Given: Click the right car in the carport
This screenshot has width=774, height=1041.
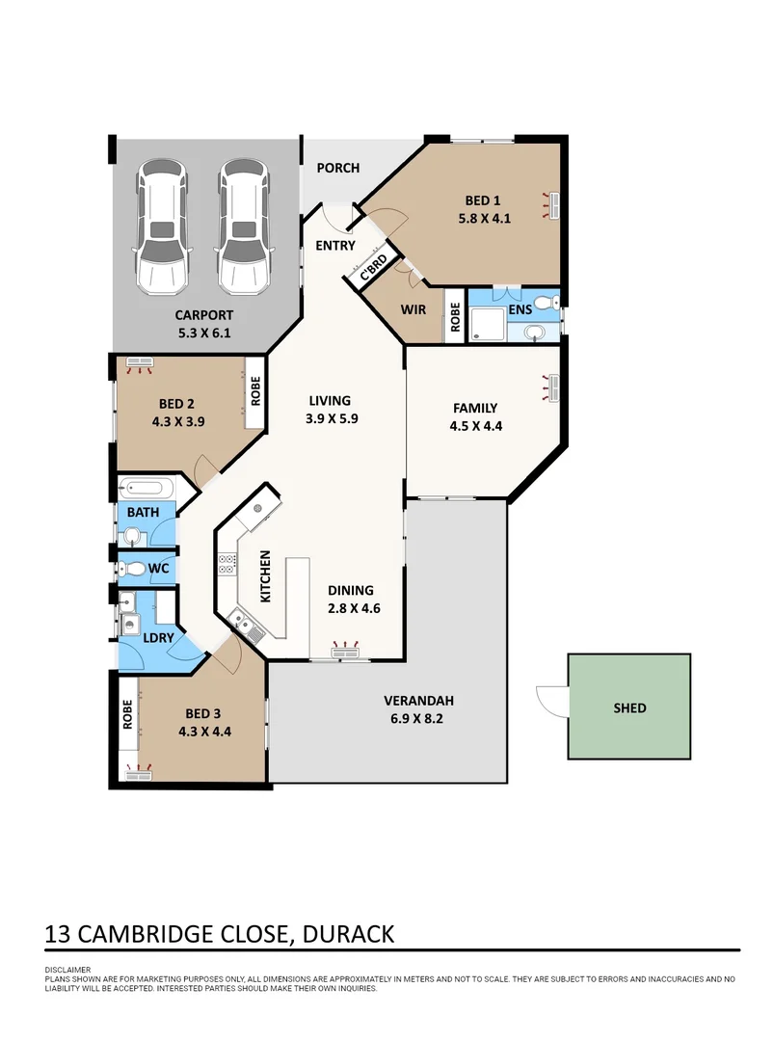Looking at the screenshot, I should click(241, 227).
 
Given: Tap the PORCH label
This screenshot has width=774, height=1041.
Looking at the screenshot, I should click(338, 168).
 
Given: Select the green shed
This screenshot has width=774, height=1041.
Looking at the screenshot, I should click(629, 707).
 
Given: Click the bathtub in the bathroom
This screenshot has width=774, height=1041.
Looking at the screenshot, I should click(145, 487).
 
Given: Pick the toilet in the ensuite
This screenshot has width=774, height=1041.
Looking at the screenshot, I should click(546, 303).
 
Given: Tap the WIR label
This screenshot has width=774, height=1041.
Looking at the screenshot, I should click(414, 310).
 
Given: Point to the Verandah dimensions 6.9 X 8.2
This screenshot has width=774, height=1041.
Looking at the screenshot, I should click(419, 718).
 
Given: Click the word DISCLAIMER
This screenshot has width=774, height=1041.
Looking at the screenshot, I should click(67, 970).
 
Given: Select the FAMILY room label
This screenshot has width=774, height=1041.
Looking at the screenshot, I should click(474, 408).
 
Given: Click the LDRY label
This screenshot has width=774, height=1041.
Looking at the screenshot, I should click(157, 638).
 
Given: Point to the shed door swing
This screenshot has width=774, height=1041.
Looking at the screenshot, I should click(551, 700).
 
